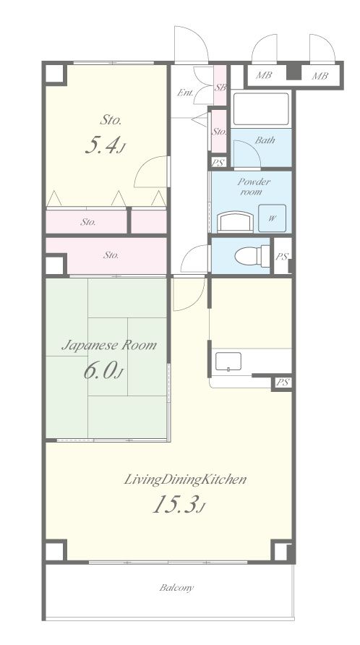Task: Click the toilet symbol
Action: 252,255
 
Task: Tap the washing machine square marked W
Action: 272,218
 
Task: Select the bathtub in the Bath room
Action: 261,109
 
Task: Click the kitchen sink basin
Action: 228,362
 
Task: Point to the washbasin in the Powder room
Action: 235,222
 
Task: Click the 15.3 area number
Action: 179,504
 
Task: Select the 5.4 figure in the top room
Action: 104,145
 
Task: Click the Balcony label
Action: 176,587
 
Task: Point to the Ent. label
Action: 185,93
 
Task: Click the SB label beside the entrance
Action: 220,87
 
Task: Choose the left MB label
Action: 263,76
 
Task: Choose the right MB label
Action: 320,76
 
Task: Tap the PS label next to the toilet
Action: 281,257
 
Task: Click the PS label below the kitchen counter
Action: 282,382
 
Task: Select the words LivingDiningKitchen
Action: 185,479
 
